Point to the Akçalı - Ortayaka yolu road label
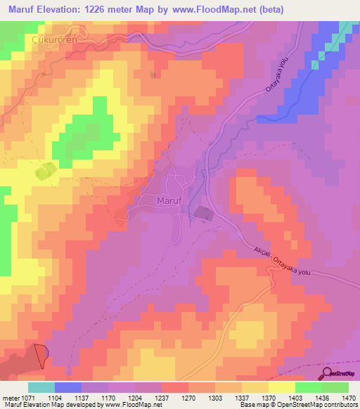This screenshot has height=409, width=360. coord(285,263)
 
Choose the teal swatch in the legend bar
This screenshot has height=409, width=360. coord(41,387)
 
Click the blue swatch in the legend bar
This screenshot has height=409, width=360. coord(68,387)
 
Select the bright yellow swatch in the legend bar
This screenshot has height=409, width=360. coord(282,387)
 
